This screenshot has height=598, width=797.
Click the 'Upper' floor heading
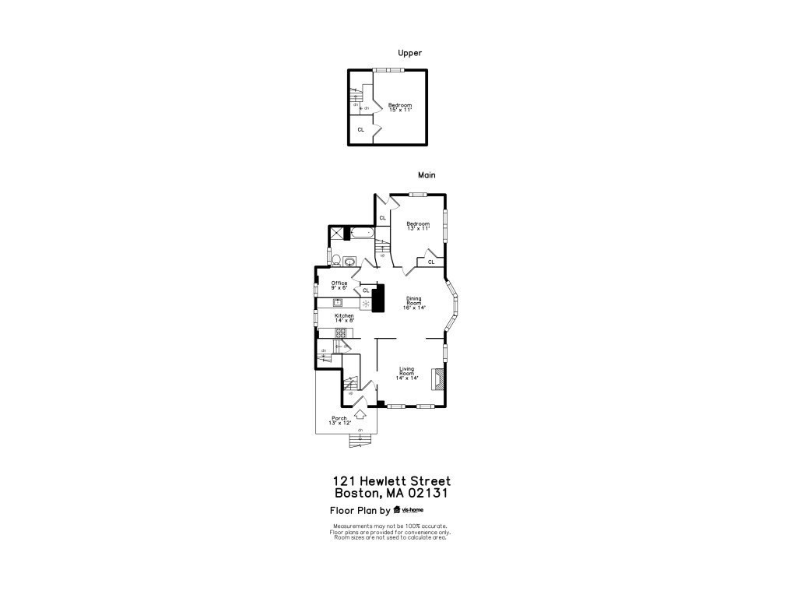(x=409, y=53)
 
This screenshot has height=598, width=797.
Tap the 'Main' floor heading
(x=426, y=175)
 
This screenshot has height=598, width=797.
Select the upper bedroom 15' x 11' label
(x=400, y=107)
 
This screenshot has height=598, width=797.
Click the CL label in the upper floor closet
(x=360, y=129)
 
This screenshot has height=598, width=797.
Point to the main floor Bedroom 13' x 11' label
(x=418, y=226)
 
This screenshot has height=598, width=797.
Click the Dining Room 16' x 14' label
(x=413, y=303)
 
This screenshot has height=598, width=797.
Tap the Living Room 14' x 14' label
(x=409, y=373)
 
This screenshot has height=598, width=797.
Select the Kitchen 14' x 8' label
(x=344, y=318)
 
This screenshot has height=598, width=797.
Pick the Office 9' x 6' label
(x=339, y=285)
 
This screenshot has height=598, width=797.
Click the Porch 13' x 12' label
(x=339, y=420)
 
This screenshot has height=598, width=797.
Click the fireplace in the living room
(x=441, y=379)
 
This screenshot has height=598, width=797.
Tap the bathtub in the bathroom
(x=362, y=233)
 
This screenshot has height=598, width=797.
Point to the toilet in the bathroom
(x=335, y=260)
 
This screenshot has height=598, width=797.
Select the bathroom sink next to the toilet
(x=349, y=261)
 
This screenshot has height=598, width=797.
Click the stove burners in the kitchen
(x=340, y=332)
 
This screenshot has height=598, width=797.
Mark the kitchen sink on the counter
(x=339, y=302)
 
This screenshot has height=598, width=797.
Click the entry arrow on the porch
(x=360, y=416)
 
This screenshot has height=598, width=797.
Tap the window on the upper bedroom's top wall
(x=388, y=70)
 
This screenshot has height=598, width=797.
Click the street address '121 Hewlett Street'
(x=391, y=482)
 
